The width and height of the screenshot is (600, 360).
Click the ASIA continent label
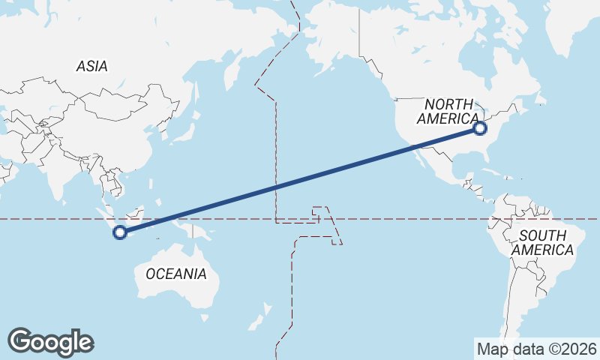tap(91, 66)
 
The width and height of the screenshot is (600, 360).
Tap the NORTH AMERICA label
tap(448, 111)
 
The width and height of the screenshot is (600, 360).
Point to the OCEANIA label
tap(176, 274)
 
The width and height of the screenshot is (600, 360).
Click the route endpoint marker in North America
tap(481, 129)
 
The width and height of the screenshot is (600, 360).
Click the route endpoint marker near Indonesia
tap(119, 232)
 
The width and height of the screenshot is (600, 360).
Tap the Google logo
tap(50, 342)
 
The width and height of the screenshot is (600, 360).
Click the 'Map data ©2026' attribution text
tap(536, 349)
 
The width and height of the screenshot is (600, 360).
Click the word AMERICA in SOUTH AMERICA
tap(543, 250)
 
